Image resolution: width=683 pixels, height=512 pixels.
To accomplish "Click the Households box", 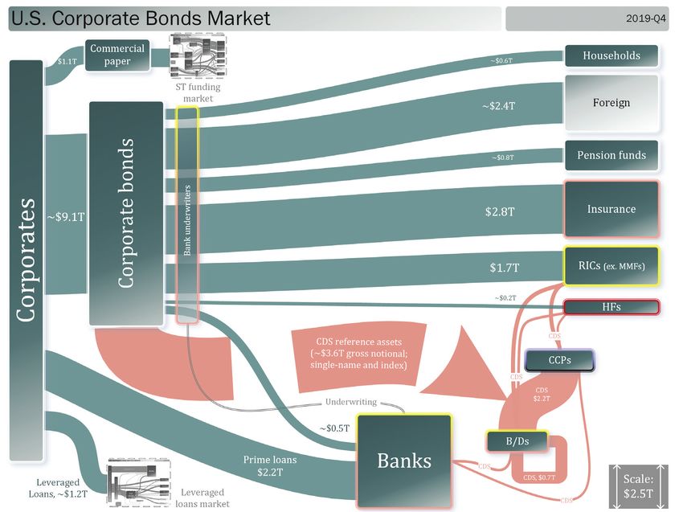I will (x=611, y=55).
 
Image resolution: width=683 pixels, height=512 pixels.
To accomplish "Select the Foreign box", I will (x=611, y=103).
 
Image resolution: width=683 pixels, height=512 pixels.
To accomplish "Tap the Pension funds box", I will (x=611, y=155).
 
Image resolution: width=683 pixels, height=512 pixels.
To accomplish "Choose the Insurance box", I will (x=611, y=209).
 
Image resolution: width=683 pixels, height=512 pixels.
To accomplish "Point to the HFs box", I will (x=611, y=307).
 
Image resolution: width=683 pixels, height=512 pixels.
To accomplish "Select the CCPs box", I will (x=560, y=361).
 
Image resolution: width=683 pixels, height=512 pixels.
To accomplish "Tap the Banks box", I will (x=404, y=461).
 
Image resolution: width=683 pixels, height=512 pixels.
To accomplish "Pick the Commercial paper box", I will (x=117, y=55).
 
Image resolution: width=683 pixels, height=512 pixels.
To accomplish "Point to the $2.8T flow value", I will (x=499, y=212).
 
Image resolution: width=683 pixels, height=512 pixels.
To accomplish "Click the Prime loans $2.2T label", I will (x=270, y=467).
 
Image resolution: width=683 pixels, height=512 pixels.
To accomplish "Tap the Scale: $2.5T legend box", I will (x=639, y=485).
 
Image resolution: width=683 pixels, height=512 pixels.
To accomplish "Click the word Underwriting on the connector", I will (x=351, y=402).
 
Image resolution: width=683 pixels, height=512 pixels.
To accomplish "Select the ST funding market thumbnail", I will (x=198, y=56).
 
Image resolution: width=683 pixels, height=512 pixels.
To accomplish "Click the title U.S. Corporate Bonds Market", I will (x=141, y=18).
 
